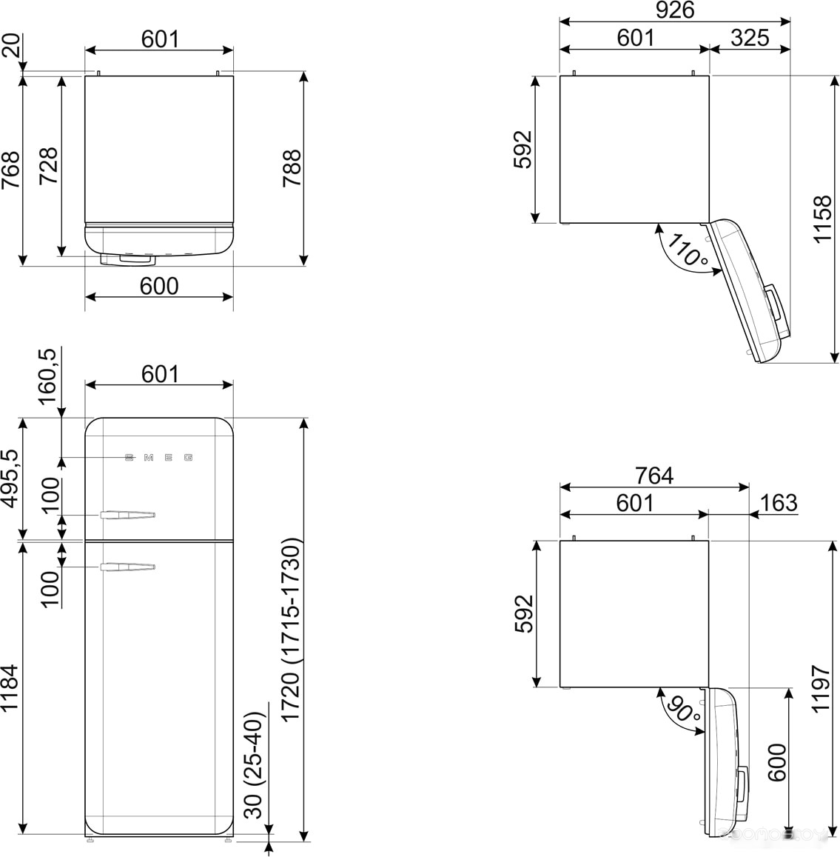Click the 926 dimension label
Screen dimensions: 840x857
tap(674, 10)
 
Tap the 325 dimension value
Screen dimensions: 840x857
tap(750, 38)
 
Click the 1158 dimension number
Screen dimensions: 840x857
tap(822, 219)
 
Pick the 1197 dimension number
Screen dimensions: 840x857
tap(821, 689)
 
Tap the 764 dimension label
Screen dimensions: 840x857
tap(653, 476)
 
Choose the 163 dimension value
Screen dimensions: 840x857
tap(779, 502)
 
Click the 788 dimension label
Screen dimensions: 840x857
tap(292, 168)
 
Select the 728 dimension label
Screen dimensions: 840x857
tap(49, 166)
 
